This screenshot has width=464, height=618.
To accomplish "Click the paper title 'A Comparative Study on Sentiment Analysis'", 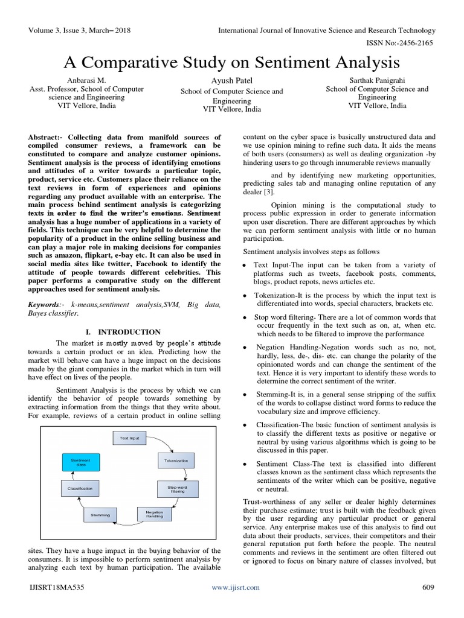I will pyautogui.click(x=232, y=63).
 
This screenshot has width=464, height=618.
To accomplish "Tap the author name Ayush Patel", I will pyautogui.click(x=232, y=81).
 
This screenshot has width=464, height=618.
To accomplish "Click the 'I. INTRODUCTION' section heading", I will pyautogui.click(x=129, y=332).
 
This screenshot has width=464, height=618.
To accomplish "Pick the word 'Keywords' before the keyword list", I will pyautogui.click(x=45, y=305).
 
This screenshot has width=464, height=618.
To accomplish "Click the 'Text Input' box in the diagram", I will pyautogui.click(x=129, y=438).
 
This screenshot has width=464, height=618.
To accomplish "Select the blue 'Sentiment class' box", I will pyautogui.click(x=80, y=462).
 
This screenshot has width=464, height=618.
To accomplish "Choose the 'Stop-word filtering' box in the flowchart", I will pyautogui.click(x=177, y=489).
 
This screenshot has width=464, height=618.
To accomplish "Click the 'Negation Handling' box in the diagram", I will pyautogui.click(x=155, y=514).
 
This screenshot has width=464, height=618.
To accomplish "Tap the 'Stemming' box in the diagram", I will pyautogui.click(x=100, y=515).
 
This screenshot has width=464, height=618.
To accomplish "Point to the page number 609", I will pyautogui.click(x=427, y=587).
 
